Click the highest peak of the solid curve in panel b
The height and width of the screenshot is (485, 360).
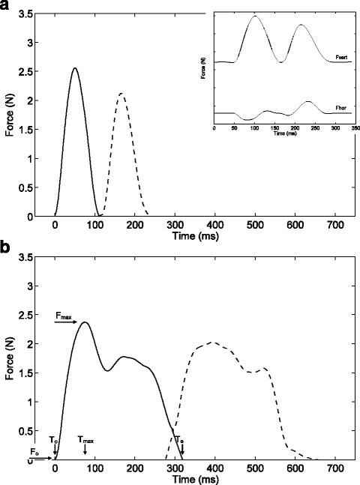click(x=85, y=322)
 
